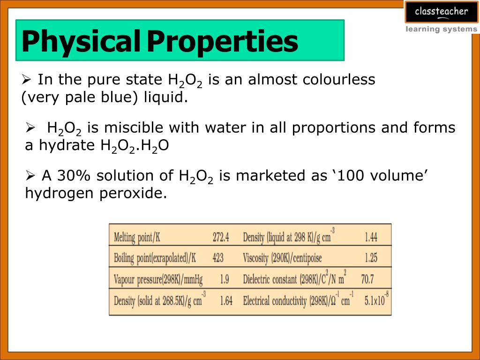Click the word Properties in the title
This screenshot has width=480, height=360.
(x=223, y=42)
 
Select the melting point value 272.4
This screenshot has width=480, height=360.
(x=221, y=238)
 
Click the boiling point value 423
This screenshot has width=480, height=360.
(x=218, y=258)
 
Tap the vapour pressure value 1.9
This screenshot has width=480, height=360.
(x=225, y=280)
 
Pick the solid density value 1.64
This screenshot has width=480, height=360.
(x=226, y=301)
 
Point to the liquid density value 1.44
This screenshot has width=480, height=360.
(x=371, y=238)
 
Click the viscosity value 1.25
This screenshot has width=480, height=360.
(x=371, y=258)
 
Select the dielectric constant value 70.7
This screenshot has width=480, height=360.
(x=367, y=280)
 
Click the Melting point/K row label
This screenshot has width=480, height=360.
(x=137, y=238)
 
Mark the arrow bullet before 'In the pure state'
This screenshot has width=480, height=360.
(x=26, y=79)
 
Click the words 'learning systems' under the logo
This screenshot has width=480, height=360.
(x=441, y=30)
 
